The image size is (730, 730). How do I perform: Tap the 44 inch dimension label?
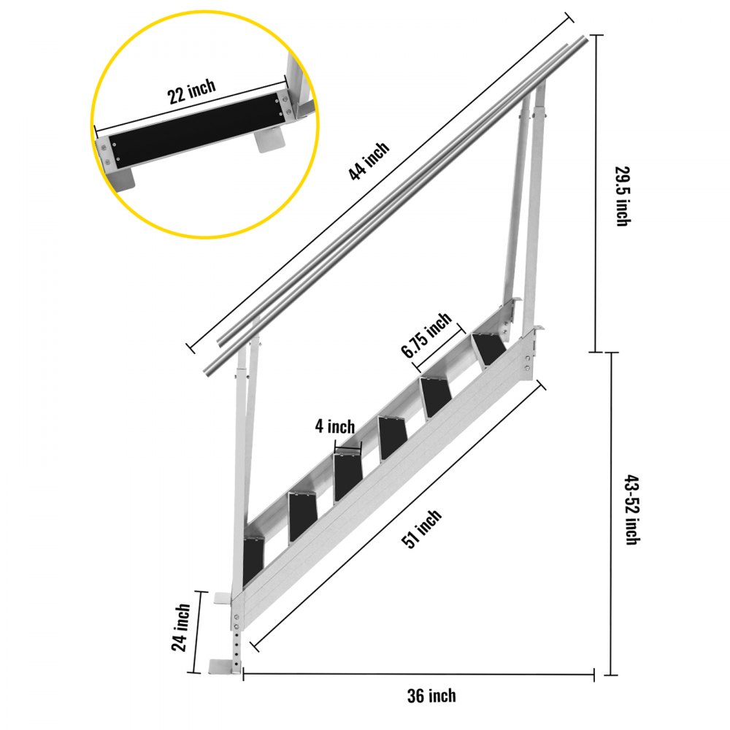pos(369,161)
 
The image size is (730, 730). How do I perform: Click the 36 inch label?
pos(431,695)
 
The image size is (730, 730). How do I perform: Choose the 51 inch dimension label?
pos(423,529)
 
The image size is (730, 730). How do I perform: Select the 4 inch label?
pos(334,426)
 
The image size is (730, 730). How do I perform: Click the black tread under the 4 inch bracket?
pos(347,477)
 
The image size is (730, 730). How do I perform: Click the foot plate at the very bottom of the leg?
pos(223,666)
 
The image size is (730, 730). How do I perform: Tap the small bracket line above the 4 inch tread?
pos(347,447)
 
